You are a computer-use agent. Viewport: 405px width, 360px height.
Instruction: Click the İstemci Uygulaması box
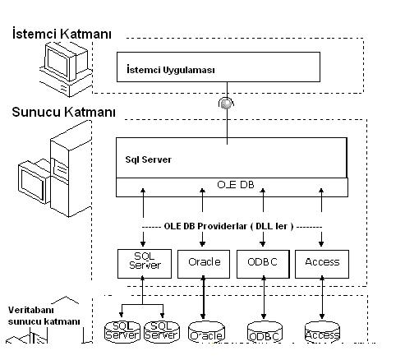[x=219, y=67]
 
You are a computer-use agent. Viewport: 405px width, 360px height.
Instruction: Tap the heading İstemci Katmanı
[x=62, y=34]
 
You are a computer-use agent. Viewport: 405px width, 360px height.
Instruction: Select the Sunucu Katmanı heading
[x=63, y=112]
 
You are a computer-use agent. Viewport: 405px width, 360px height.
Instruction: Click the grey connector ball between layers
[x=226, y=104]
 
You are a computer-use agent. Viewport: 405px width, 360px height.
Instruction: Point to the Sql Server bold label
[x=148, y=159]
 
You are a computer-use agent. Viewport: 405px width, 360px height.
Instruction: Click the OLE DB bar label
[x=236, y=185]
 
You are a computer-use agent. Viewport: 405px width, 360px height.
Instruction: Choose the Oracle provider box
[x=204, y=264]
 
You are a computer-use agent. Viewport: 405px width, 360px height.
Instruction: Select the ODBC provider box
[x=263, y=264]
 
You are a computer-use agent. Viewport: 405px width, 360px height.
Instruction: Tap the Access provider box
[x=322, y=264]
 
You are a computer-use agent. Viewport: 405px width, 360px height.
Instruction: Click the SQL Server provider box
[x=145, y=264]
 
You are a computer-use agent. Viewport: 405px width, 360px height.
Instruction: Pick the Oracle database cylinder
[x=206, y=332]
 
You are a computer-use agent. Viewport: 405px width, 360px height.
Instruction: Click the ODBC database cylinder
[x=265, y=332]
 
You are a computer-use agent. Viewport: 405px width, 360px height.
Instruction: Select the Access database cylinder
[x=322, y=332]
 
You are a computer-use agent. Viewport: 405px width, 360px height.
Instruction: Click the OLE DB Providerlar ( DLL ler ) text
[x=228, y=226]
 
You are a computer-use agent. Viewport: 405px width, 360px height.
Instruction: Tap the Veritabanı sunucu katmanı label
[x=44, y=316]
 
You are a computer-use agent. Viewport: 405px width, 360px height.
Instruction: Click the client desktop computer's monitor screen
[x=58, y=63]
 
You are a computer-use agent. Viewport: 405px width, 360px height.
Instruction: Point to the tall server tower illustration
[x=71, y=169]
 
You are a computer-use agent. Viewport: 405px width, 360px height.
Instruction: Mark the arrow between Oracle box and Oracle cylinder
[x=203, y=298]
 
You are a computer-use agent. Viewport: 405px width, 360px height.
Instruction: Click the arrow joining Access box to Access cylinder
[x=322, y=298]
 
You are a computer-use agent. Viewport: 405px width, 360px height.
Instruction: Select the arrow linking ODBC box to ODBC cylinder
[x=264, y=298]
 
